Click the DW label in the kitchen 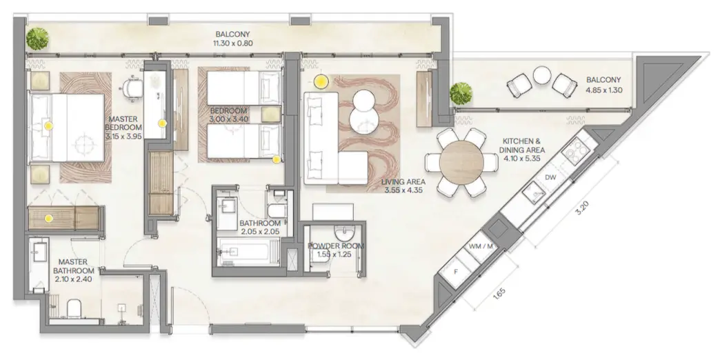click(550, 178)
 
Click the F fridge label click(456, 271)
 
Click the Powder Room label click(336, 246)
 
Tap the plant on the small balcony click(460, 92)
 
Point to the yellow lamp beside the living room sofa click(321, 81)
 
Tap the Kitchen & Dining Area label click(524, 149)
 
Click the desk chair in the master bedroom click(131, 88)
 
